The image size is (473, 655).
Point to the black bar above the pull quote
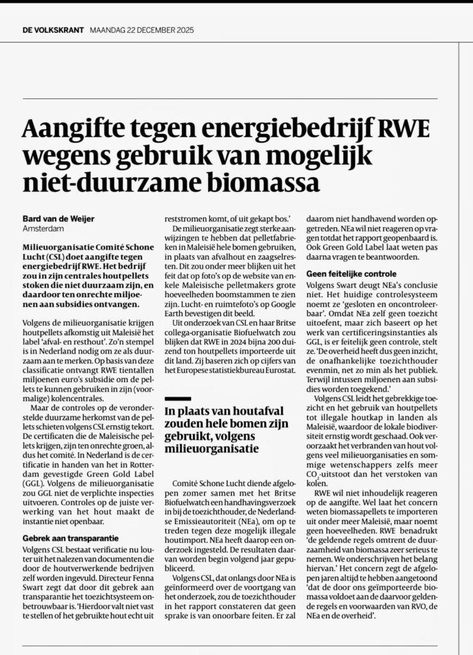pyautogui.click(x=178, y=398)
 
